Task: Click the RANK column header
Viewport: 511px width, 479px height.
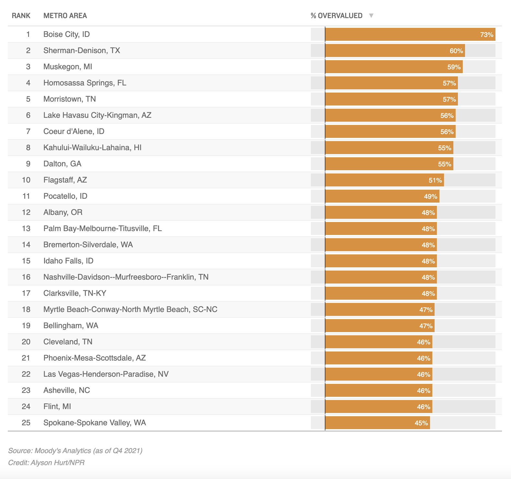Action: [21, 16]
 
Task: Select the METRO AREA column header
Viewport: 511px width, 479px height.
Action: [65, 16]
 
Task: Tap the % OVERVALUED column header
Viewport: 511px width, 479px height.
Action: [336, 16]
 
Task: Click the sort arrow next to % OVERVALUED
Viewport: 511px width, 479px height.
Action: [371, 16]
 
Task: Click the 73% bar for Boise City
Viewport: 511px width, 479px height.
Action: [410, 34]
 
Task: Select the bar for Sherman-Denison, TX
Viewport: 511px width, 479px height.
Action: [395, 50]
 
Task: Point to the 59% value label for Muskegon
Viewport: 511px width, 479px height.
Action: [454, 67]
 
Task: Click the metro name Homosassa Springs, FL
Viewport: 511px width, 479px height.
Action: [85, 83]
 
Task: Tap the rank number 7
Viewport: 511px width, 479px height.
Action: [28, 131]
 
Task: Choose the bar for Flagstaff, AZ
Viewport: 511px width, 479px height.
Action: [384, 180]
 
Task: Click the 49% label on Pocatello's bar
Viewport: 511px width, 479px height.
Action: [431, 196]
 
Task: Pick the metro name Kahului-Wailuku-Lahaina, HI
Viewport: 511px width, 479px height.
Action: [93, 148]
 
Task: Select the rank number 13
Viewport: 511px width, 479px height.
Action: [26, 228]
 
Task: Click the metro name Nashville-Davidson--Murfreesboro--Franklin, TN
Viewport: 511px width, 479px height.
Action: [126, 277]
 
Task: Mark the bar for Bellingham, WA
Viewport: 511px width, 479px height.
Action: [380, 326]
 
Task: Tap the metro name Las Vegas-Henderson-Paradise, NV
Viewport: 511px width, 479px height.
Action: [106, 374]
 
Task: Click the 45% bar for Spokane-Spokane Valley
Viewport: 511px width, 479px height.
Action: [378, 423]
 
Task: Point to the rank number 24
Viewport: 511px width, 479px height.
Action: [26, 407]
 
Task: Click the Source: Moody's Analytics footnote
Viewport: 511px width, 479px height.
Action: [75, 451]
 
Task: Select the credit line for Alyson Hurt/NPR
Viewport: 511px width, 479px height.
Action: [46, 462]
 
